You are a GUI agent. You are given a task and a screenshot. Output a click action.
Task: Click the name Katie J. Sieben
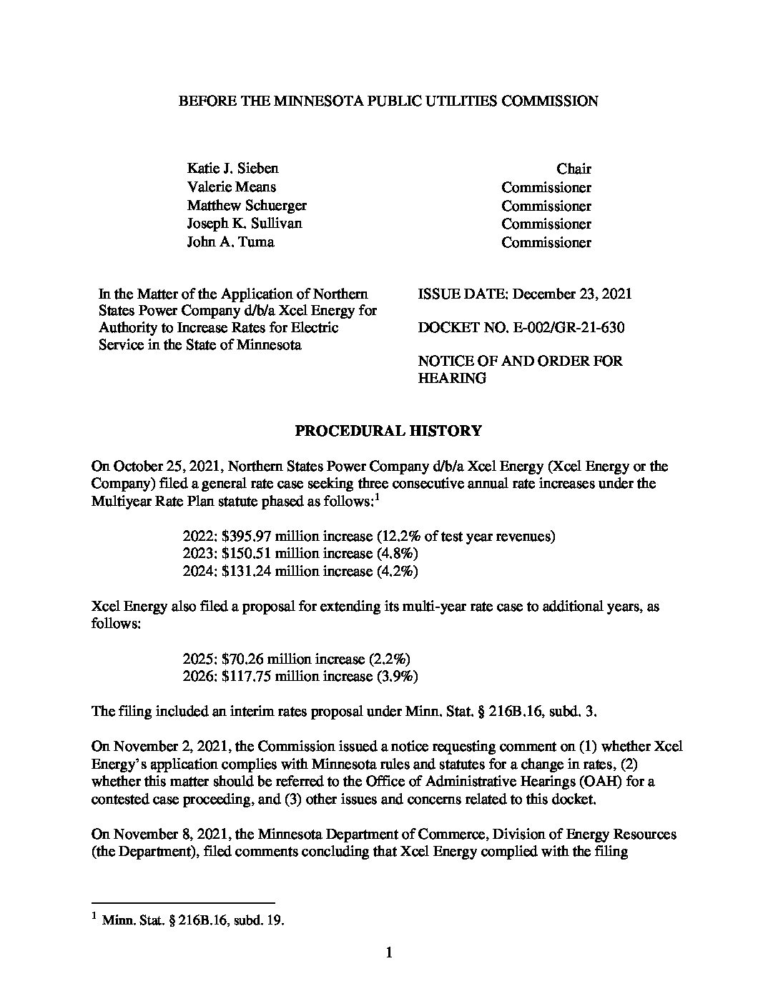pyautogui.click(x=232, y=169)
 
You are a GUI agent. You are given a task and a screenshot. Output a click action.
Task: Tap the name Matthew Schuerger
pyautogui.click(x=246, y=206)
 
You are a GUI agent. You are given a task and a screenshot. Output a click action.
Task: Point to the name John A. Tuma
pyautogui.click(x=230, y=242)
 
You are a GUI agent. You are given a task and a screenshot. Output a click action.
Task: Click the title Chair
pyautogui.click(x=573, y=169)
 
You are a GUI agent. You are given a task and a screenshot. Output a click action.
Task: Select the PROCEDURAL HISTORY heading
pyautogui.click(x=388, y=432)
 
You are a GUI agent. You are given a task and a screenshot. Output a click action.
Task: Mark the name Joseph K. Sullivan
pyautogui.click(x=244, y=224)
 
